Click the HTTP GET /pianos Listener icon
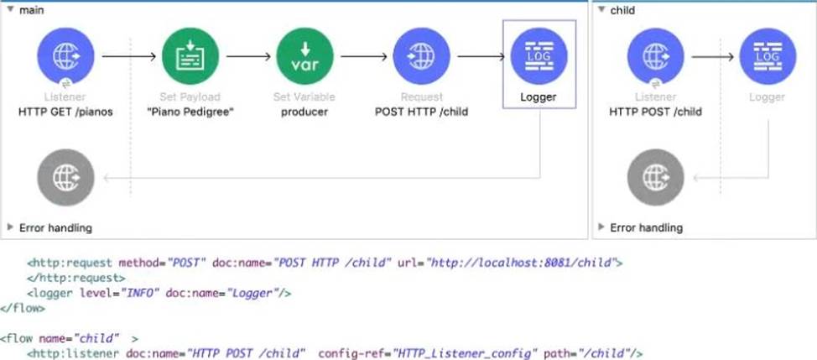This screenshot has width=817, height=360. [x=65, y=55]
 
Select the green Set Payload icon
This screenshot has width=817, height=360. [x=190, y=55]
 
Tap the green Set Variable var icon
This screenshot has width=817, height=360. [x=304, y=55]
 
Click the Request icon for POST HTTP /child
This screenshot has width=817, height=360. [x=421, y=55]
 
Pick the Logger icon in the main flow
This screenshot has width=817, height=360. [x=539, y=55]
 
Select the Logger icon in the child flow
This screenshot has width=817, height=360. [x=768, y=55]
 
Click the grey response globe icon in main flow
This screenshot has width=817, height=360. [x=65, y=178]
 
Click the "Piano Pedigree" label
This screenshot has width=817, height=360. [x=190, y=112]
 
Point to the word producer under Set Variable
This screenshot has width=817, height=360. [x=304, y=112]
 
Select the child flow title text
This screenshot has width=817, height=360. [x=622, y=10]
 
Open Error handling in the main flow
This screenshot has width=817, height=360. [x=55, y=227]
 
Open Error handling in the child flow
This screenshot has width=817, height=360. [x=645, y=227]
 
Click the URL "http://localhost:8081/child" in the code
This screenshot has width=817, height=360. [x=523, y=262]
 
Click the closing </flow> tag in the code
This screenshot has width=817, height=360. [x=20, y=308]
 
